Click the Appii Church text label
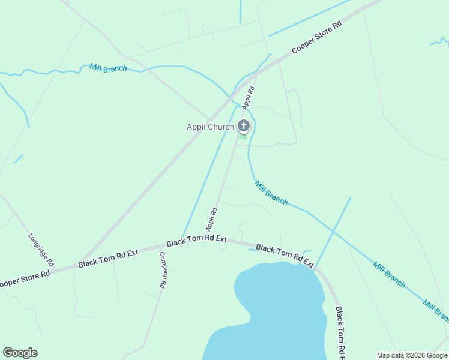(x=210, y=127)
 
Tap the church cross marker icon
(x=243, y=126)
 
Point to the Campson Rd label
(x=162, y=270)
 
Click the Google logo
(x=20, y=353)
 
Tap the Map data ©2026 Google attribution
(x=412, y=355)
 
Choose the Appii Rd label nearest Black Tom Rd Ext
(x=211, y=220)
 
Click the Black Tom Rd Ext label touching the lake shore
(x=285, y=255)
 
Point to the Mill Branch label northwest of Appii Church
(x=108, y=68)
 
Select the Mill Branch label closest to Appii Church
(x=271, y=193)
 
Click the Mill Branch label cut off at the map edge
(x=436, y=310)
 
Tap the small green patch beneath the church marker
(x=243, y=136)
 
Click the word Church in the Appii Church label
(x=221, y=127)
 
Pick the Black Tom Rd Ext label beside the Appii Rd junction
(x=196, y=241)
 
